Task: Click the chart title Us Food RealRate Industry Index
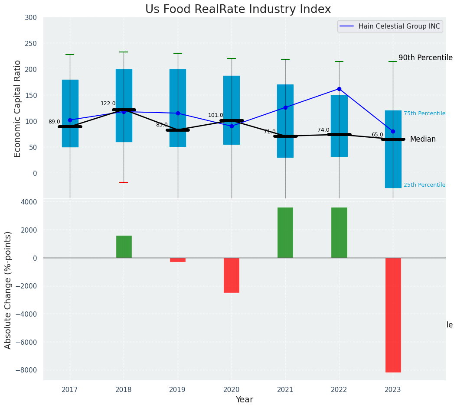238,10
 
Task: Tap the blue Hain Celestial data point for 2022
339,89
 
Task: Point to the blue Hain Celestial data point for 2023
393,131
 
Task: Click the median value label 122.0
108,104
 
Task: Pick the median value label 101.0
215,115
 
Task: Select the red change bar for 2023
393,315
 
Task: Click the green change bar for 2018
124,247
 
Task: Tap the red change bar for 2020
232,275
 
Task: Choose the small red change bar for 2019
178,260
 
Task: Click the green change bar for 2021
285,233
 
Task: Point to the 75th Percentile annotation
424,113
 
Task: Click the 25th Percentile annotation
424,185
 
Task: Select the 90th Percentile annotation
425,58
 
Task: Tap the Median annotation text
423,139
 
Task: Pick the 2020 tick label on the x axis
232,390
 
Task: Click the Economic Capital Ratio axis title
18,108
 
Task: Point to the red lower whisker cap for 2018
124,182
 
